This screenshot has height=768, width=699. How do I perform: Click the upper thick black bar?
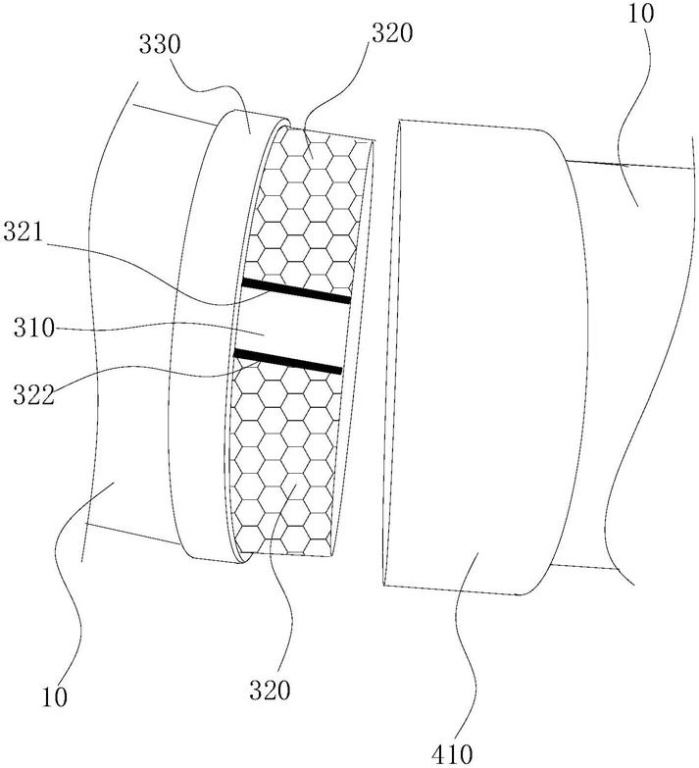pos(296,290)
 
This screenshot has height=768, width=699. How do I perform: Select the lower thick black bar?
pos(288,360)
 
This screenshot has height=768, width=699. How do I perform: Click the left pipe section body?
pos(127,324)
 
